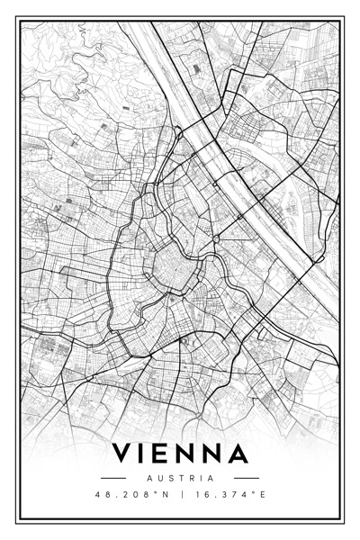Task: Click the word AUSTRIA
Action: pyautogui.click(x=180, y=478)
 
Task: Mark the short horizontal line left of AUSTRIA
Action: pyautogui.click(x=114, y=478)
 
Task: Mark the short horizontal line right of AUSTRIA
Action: pyautogui.click(x=246, y=478)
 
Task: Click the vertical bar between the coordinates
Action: pyautogui.click(x=179, y=494)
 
